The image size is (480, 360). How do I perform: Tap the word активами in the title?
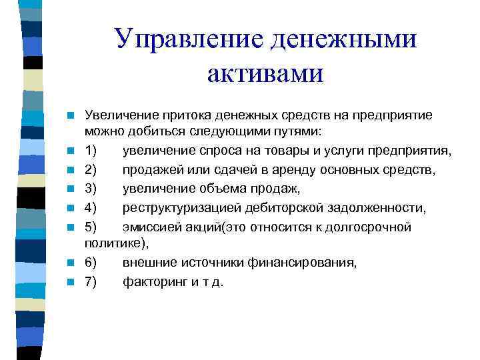tap(265, 73)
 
